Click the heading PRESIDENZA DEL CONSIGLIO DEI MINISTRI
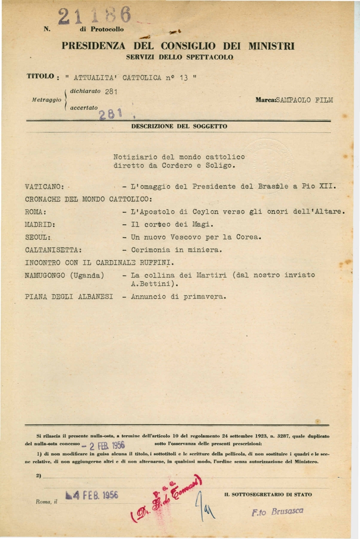click(x=178, y=46)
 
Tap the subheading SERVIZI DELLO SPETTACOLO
click(x=180, y=57)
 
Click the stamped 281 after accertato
click(x=111, y=114)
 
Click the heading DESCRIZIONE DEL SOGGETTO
click(x=179, y=127)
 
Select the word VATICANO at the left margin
click(x=44, y=187)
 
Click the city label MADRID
click(x=40, y=224)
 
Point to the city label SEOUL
click(x=38, y=237)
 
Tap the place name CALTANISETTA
click(x=54, y=250)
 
